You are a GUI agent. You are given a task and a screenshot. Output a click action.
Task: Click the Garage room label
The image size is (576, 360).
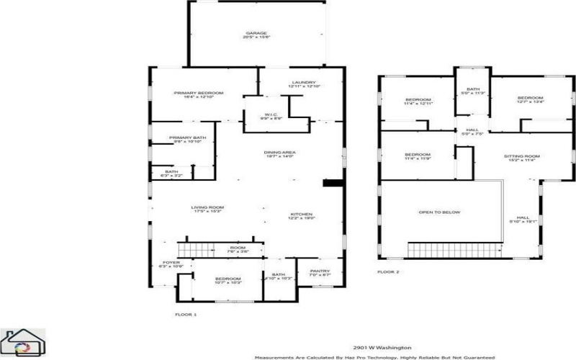(257, 33)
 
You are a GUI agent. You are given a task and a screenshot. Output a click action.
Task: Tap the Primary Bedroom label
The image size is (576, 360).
(198, 93)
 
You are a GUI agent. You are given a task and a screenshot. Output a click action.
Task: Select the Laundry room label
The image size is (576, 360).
(304, 83)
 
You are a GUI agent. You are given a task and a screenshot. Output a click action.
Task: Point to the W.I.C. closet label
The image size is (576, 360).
(271, 114)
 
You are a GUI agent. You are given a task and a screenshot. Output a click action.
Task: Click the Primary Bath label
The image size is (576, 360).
(187, 138)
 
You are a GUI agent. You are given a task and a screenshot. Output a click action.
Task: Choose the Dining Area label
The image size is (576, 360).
(280, 153)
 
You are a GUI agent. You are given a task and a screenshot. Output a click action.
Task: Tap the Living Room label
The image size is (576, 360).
(207, 208)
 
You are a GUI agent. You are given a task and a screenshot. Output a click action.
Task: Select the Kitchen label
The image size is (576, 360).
(301, 215)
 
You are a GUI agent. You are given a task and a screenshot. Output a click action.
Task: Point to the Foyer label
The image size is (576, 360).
(171, 263)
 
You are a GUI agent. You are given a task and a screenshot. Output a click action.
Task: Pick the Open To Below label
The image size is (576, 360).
(439, 212)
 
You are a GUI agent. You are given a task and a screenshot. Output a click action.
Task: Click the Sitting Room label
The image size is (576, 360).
(523, 156)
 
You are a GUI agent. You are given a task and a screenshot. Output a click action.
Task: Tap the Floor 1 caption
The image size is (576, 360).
(186, 315)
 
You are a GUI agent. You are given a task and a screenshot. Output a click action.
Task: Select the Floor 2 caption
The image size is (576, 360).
(388, 272)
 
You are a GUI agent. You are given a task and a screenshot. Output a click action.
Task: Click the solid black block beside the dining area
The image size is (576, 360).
(332, 184)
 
